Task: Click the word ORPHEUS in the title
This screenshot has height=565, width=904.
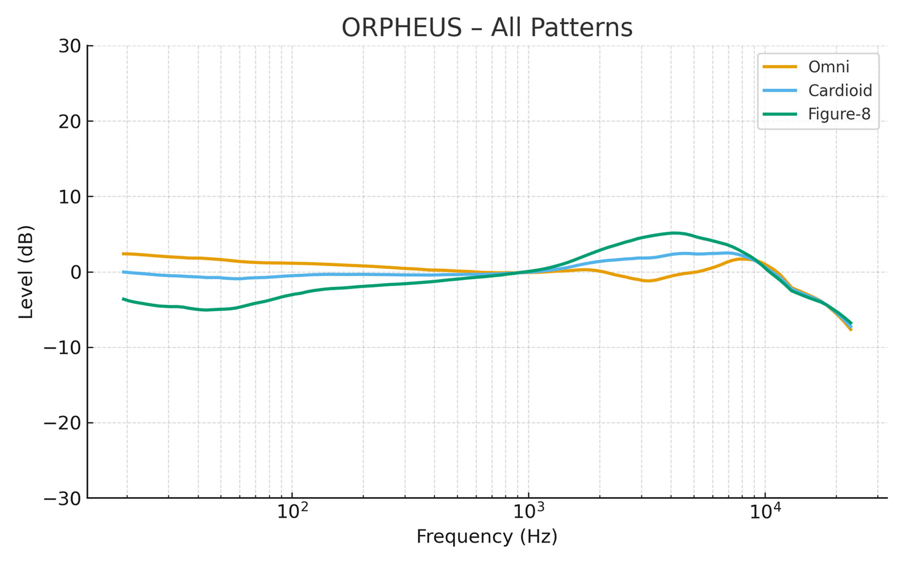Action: tap(402, 28)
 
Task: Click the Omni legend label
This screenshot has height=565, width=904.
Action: tap(828, 67)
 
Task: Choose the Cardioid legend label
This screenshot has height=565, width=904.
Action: tap(840, 90)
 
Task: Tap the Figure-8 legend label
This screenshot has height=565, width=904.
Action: tap(839, 114)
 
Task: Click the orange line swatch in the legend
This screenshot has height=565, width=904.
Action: tap(780, 67)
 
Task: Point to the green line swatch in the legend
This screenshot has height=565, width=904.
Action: tap(780, 114)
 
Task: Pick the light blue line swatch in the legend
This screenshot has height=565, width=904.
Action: tap(780, 90)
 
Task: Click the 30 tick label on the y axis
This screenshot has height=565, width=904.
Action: tap(69, 46)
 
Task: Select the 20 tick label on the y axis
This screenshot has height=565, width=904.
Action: tap(69, 121)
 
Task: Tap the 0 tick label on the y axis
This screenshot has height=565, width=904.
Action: tap(75, 272)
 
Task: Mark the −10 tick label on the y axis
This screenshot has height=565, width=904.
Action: tap(64, 347)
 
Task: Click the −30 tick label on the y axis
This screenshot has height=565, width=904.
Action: tap(64, 498)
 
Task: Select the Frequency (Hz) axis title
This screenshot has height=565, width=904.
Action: tap(486, 537)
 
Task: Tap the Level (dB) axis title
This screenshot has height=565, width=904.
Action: tap(26, 272)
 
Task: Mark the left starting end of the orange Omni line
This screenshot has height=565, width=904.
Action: tap(123, 254)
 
